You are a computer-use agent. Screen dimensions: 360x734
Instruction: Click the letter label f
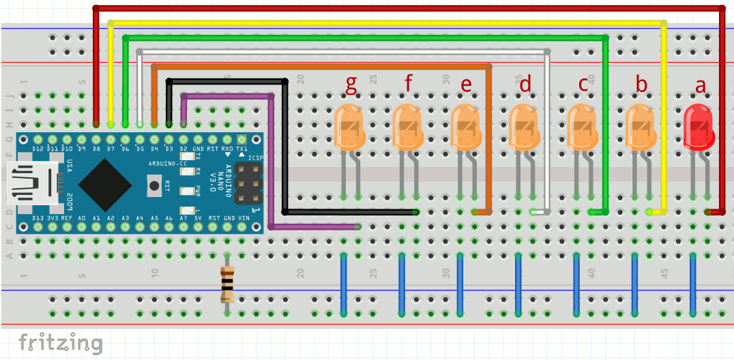tap(409, 84)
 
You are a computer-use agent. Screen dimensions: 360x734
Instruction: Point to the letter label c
tap(583, 84)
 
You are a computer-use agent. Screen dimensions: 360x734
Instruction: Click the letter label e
tap(467, 85)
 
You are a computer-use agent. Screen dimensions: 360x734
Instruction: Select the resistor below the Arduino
tap(226, 284)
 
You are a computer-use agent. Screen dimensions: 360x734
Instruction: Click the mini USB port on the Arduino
tap(31, 183)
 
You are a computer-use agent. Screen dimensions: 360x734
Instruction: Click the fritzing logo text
tap(61, 343)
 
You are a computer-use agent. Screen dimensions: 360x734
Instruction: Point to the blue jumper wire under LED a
tap(693, 284)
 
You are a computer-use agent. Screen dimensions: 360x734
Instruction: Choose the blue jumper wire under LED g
tap(344, 284)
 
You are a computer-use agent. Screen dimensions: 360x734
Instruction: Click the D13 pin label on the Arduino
tap(38, 217)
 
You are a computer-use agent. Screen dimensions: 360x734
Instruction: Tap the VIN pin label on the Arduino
tap(244, 217)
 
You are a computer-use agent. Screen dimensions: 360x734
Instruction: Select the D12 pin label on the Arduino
tap(38, 149)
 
